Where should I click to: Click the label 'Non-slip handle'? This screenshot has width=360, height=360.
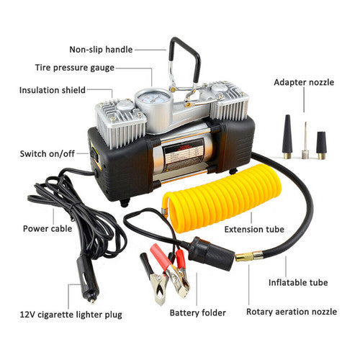(x=100, y=50)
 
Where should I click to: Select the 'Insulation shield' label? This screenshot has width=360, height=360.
(x=53, y=91)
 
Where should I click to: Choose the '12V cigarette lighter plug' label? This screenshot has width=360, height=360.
(x=71, y=314)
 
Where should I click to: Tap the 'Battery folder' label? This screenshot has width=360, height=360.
(x=198, y=313)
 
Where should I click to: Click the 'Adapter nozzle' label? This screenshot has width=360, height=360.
(x=304, y=82)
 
